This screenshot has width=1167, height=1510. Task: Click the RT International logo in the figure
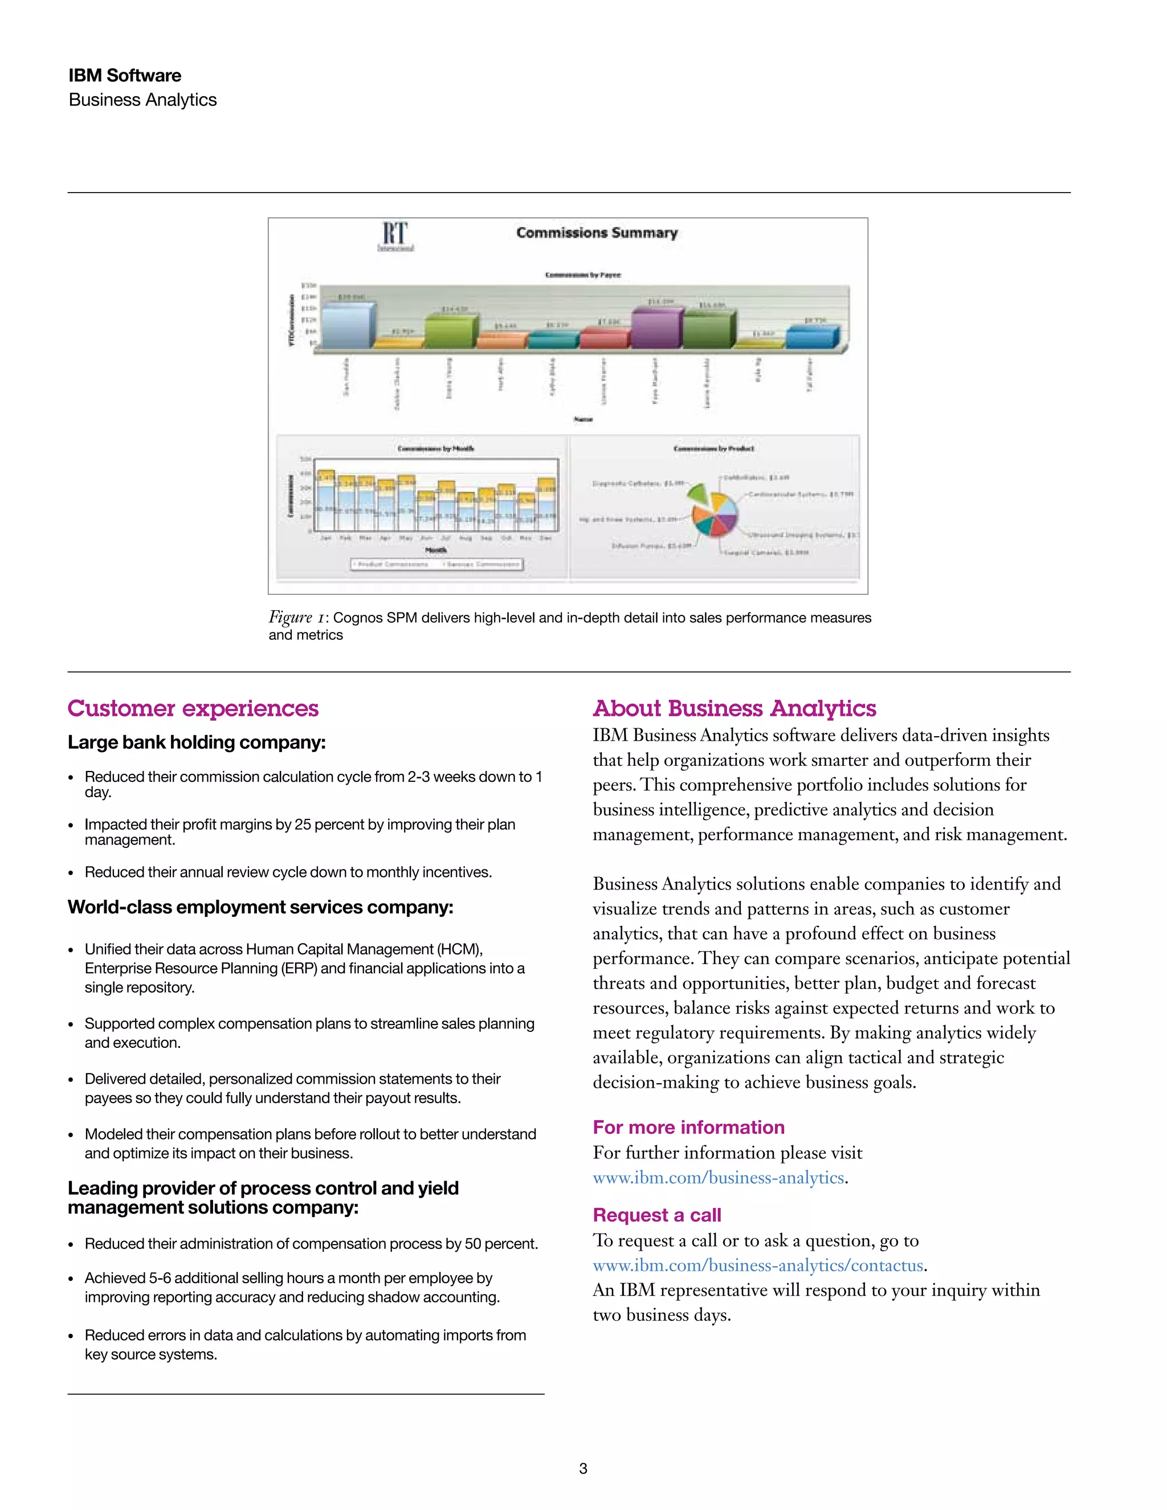(395, 236)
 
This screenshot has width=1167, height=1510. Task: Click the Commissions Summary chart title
(597, 233)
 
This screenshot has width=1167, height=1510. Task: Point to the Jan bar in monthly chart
(325, 505)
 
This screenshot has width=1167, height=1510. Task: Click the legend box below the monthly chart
(436, 564)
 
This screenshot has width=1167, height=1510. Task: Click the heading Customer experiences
(193, 709)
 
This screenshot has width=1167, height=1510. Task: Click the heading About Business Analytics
(734, 709)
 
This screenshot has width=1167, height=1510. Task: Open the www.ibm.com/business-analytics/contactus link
(758, 1265)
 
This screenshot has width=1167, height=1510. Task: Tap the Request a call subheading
(657, 1215)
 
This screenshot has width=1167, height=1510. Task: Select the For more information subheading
(688, 1127)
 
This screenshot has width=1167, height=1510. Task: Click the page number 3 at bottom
(583, 1468)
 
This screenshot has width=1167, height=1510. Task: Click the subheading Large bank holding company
(197, 742)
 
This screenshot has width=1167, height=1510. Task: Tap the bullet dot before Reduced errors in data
(71, 1336)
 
